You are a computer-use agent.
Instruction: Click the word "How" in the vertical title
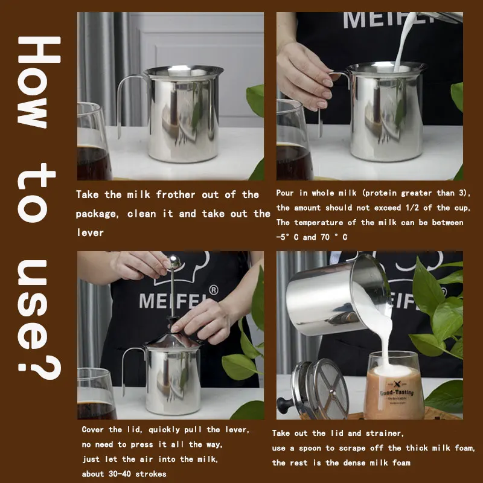39,82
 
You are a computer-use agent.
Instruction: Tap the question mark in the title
39,366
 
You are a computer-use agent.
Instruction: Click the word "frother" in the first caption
176,194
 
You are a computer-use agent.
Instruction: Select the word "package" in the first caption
97,214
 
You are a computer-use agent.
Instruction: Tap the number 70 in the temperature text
325,237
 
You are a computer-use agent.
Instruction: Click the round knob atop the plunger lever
174,261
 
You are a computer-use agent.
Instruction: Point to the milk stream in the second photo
403,42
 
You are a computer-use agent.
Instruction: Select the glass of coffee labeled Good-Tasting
394,385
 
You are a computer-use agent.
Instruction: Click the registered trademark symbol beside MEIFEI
214,290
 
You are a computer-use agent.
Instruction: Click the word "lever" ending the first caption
90,233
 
